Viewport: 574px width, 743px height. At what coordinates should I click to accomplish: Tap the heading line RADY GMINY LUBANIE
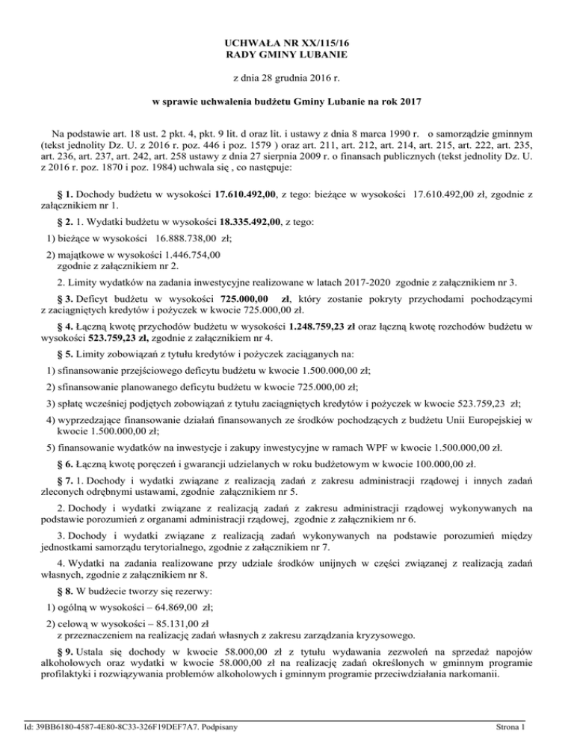coord(287,55)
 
